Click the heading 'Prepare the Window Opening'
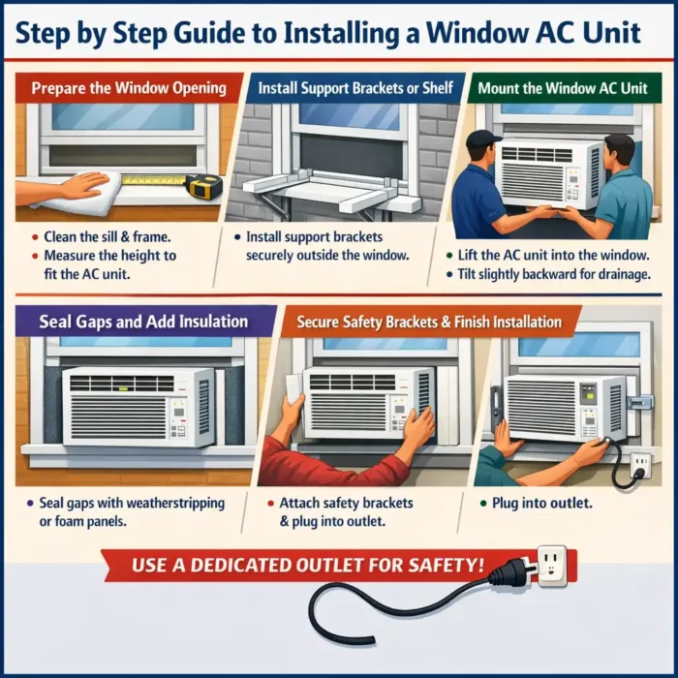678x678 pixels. (129, 88)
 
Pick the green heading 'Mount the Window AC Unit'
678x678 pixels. (562, 88)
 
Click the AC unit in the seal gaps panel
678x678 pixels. (139, 407)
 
